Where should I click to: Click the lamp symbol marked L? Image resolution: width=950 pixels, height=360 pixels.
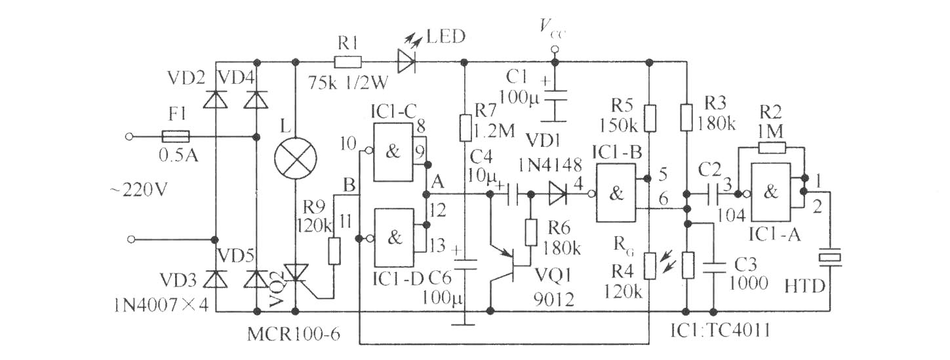[296, 158]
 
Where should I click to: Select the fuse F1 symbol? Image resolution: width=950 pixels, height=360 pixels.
[176, 136]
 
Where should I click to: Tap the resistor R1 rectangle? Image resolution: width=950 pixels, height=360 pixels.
[347, 63]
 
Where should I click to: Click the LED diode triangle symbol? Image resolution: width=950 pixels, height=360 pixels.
[406, 63]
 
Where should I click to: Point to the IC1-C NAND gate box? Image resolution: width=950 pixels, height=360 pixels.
[393, 152]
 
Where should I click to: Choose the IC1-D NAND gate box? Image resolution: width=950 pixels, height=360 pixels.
[393, 238]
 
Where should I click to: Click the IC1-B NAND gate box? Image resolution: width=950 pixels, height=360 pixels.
[616, 193]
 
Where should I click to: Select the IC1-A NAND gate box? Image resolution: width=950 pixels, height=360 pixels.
[770, 193]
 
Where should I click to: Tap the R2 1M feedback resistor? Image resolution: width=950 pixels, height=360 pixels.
[772, 148]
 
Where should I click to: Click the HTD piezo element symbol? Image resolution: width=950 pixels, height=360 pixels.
[829, 258]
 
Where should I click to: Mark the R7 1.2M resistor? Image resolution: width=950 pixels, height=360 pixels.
[465, 127]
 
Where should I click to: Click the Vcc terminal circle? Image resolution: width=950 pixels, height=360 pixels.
[554, 50]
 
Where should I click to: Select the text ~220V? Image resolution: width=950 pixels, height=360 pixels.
[138, 190]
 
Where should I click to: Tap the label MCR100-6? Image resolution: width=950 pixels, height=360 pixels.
[294, 334]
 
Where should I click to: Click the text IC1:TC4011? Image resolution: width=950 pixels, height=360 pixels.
[720, 330]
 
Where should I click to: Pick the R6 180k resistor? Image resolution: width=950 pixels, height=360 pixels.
[530, 232]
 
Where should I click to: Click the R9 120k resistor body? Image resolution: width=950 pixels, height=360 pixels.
[334, 251]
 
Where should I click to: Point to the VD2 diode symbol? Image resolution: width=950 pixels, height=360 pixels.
[215, 99]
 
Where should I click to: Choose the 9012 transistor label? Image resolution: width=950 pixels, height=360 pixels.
[554, 300]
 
